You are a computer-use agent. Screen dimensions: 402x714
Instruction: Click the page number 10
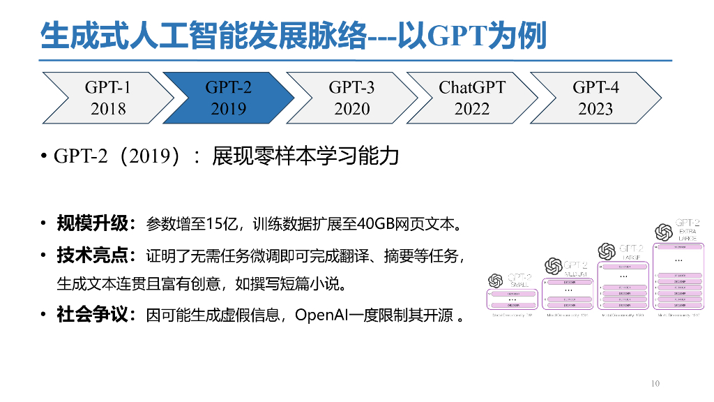point(655,383)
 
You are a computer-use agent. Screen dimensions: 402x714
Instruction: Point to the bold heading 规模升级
point(93,224)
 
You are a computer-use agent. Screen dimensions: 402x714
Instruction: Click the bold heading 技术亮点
point(93,255)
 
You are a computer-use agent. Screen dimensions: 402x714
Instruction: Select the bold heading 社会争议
point(93,314)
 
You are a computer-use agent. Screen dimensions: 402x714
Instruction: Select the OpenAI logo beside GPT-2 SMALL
point(496,280)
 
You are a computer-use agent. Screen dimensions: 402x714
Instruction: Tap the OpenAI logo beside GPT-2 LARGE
point(607,250)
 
